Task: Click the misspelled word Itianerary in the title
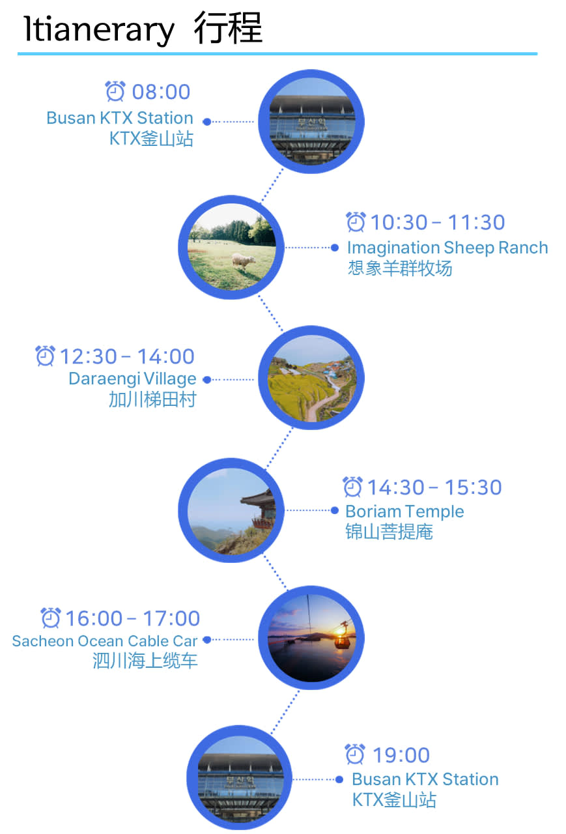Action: [99, 29]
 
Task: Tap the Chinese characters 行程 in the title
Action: [228, 29]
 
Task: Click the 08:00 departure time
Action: [161, 92]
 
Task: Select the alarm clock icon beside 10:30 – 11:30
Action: [356, 222]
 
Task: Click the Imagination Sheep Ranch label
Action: [447, 248]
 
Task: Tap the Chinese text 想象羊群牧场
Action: [399, 268]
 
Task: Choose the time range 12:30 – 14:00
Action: [127, 356]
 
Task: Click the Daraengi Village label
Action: [132, 379]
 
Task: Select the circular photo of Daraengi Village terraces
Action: [311, 379]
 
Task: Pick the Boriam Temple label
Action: [404, 511]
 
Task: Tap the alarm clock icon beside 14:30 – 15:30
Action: [352, 487]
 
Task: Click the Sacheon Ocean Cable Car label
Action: [105, 640]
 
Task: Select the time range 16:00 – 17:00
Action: [132, 618]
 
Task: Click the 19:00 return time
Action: [401, 755]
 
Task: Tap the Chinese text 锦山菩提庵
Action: [389, 532]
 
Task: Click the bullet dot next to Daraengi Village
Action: [207, 379]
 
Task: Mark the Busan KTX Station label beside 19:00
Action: [425, 779]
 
